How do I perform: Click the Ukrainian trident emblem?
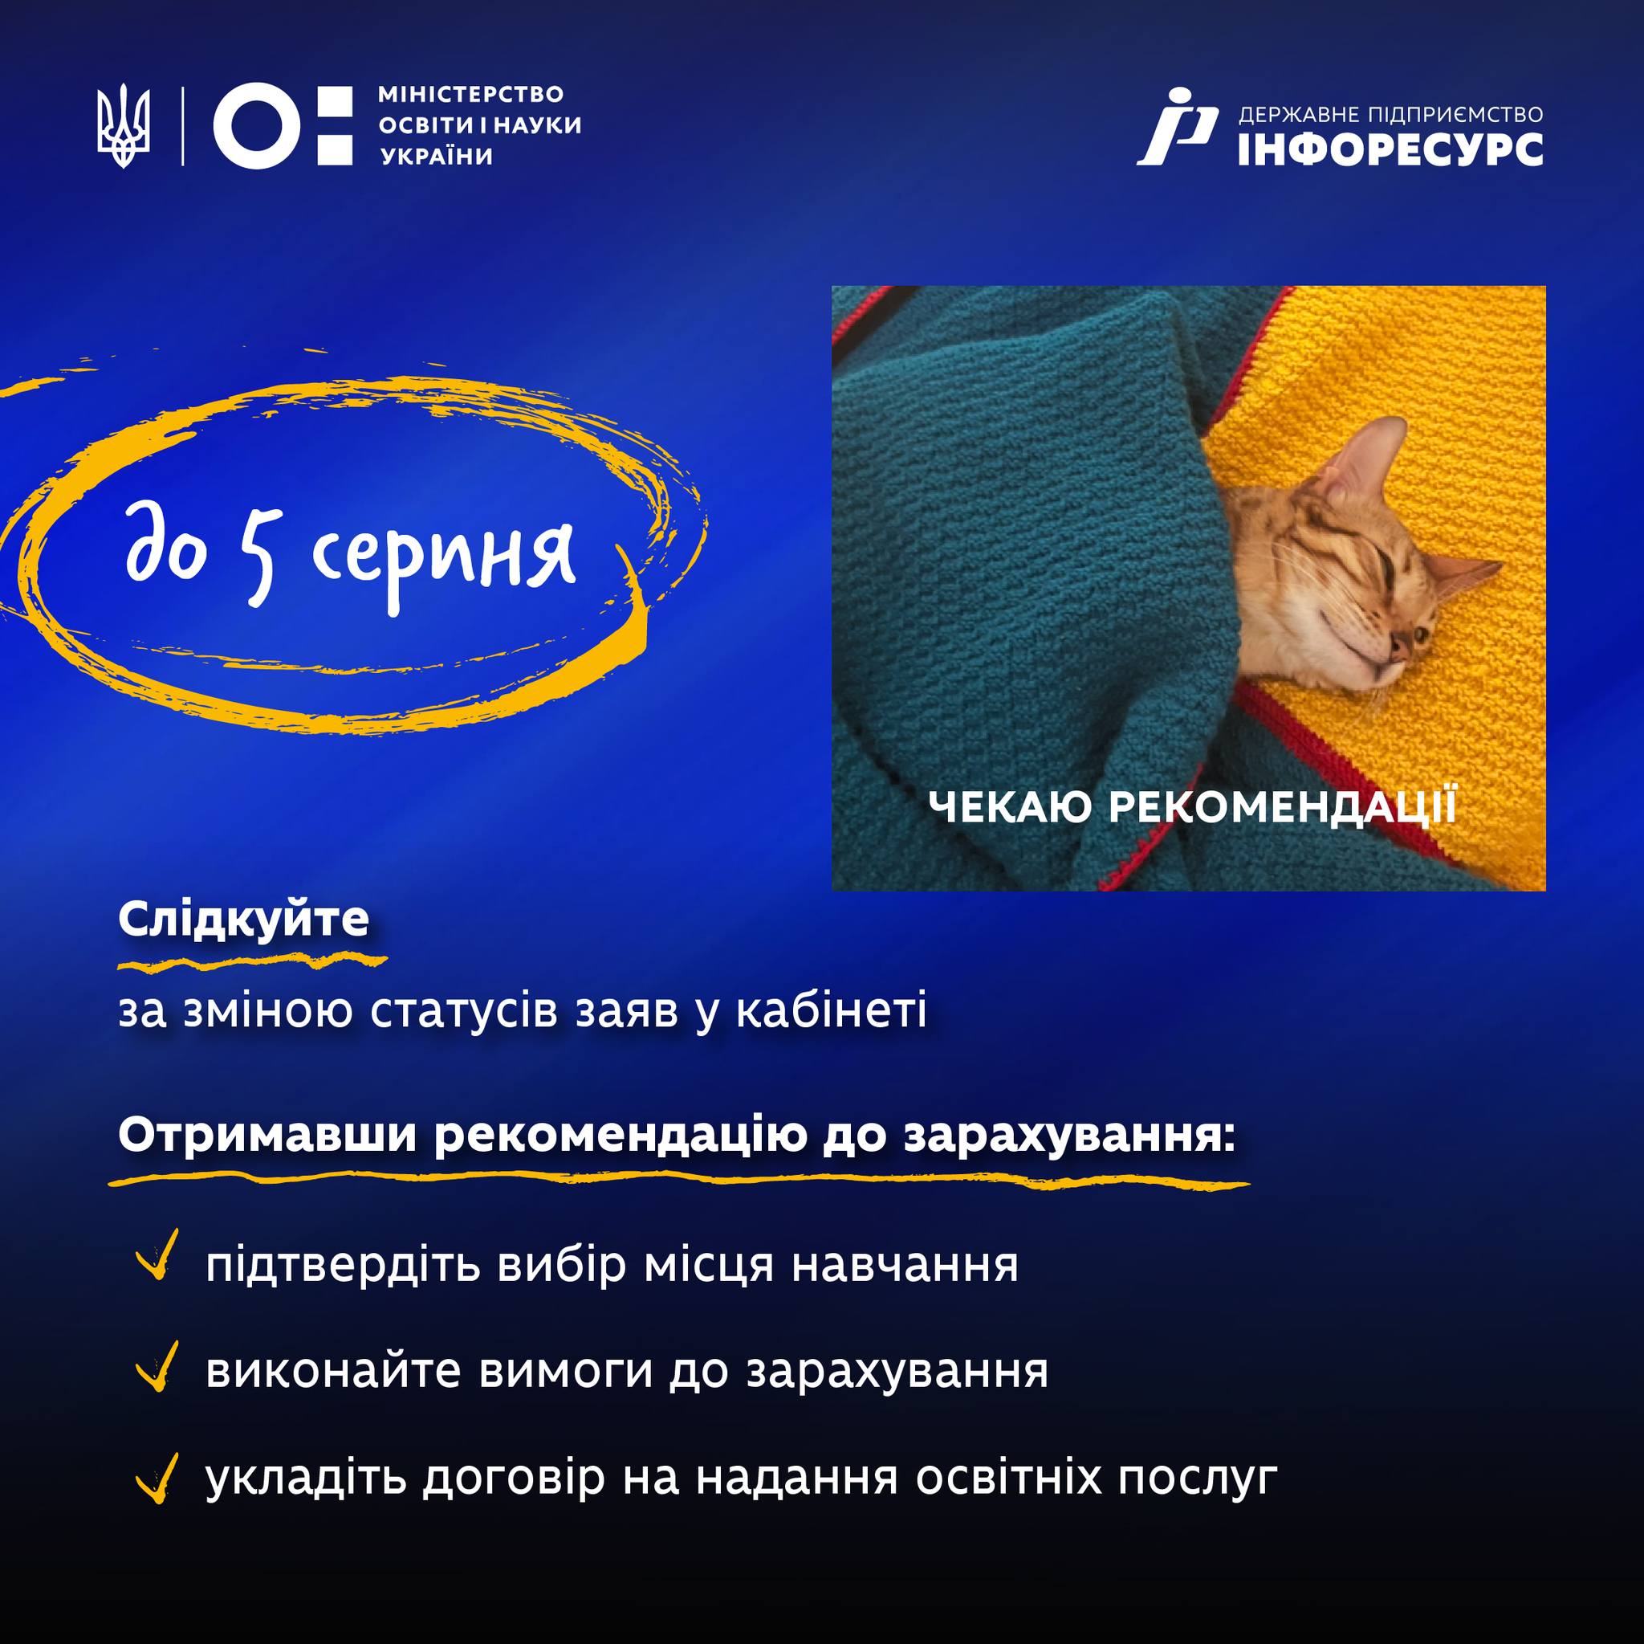click(124, 125)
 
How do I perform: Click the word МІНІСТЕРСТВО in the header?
click(470, 94)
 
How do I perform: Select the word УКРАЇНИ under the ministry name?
click(436, 157)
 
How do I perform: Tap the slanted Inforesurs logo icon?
click(1178, 126)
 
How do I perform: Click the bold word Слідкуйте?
click(243, 920)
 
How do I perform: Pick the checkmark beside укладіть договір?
click(157, 1478)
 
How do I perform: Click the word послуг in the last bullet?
click(1197, 1480)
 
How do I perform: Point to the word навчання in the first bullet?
click(905, 1266)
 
